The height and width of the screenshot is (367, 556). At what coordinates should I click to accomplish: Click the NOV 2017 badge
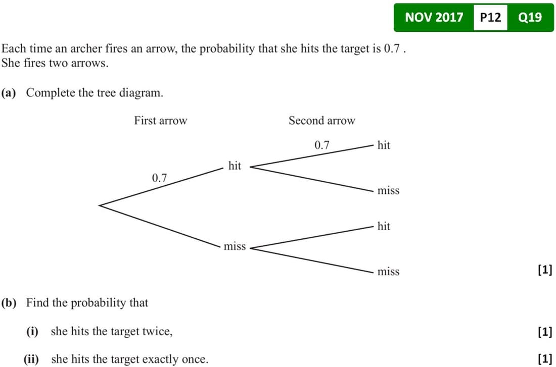point(434,18)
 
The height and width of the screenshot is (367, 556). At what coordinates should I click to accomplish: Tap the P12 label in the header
point(490,18)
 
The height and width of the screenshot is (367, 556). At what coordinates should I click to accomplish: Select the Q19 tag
point(530,18)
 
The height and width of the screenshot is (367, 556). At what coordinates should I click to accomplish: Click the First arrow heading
point(160,121)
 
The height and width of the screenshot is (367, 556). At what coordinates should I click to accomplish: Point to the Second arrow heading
point(321,121)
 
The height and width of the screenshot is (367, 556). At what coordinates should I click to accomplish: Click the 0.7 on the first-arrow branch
point(159,178)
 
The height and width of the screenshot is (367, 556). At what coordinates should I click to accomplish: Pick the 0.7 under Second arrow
point(321,145)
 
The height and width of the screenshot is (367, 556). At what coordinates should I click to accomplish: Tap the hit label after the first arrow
point(235,166)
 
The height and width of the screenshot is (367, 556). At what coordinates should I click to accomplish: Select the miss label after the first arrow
point(235,246)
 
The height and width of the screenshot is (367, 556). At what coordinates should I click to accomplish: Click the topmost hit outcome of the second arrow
point(384,145)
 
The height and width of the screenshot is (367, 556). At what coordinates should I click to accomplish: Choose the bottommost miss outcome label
point(388,272)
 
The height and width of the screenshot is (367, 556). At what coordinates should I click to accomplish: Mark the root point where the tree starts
point(100,205)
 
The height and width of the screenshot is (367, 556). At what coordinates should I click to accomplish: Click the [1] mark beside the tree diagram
point(545,270)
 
